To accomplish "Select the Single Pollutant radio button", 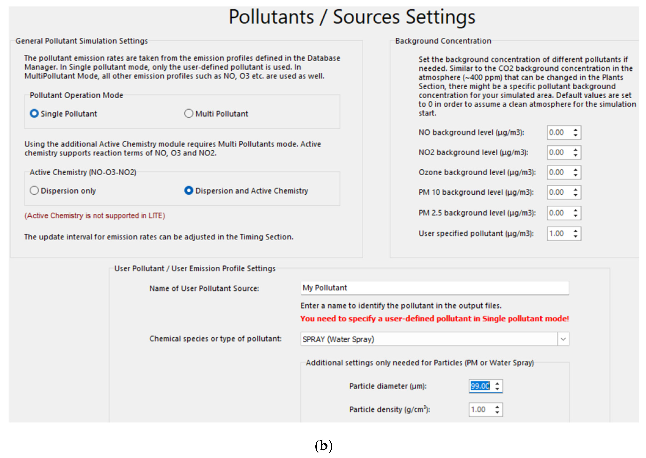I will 34,114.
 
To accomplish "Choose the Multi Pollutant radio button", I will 188,114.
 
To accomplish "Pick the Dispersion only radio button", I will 34,191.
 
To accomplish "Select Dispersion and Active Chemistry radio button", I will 188,191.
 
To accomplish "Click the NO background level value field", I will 559,133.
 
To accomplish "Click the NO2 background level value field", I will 559,153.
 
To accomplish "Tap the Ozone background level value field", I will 559,172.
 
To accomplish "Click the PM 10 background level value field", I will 559,192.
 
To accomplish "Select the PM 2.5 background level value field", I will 559,213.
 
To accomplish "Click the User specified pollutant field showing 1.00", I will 559,234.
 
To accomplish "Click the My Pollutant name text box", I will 434,288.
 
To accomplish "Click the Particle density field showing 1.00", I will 481,409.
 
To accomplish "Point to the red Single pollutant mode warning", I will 434,319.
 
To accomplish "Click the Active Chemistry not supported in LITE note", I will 95,216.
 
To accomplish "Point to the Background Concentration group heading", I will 443,41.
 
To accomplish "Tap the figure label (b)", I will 323,446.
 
